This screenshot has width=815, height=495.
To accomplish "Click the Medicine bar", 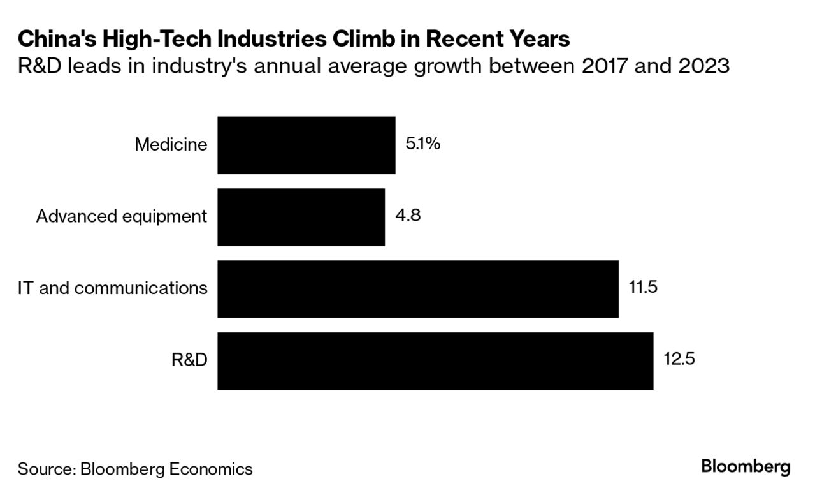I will [x=306, y=145].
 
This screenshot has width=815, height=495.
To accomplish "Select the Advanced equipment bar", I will [x=301, y=217].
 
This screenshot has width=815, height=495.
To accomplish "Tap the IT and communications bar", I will [x=417, y=289].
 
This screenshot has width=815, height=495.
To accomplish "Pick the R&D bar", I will [x=435, y=361].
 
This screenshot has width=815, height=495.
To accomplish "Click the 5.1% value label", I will [x=423, y=144].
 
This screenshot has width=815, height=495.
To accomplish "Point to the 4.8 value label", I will [x=408, y=216].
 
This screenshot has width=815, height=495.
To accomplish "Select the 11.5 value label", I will [x=642, y=288].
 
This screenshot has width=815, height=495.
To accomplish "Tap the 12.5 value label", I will [x=679, y=360].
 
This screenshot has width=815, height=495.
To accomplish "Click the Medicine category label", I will [x=171, y=145].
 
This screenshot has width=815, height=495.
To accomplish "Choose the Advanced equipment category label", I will [x=122, y=217].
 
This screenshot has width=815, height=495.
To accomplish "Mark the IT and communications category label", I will [x=113, y=288].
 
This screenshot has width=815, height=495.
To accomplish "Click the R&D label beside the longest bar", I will [x=189, y=360].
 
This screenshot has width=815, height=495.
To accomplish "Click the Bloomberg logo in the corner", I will [x=746, y=468].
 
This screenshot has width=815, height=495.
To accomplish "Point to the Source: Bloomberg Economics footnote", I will [x=135, y=469].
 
